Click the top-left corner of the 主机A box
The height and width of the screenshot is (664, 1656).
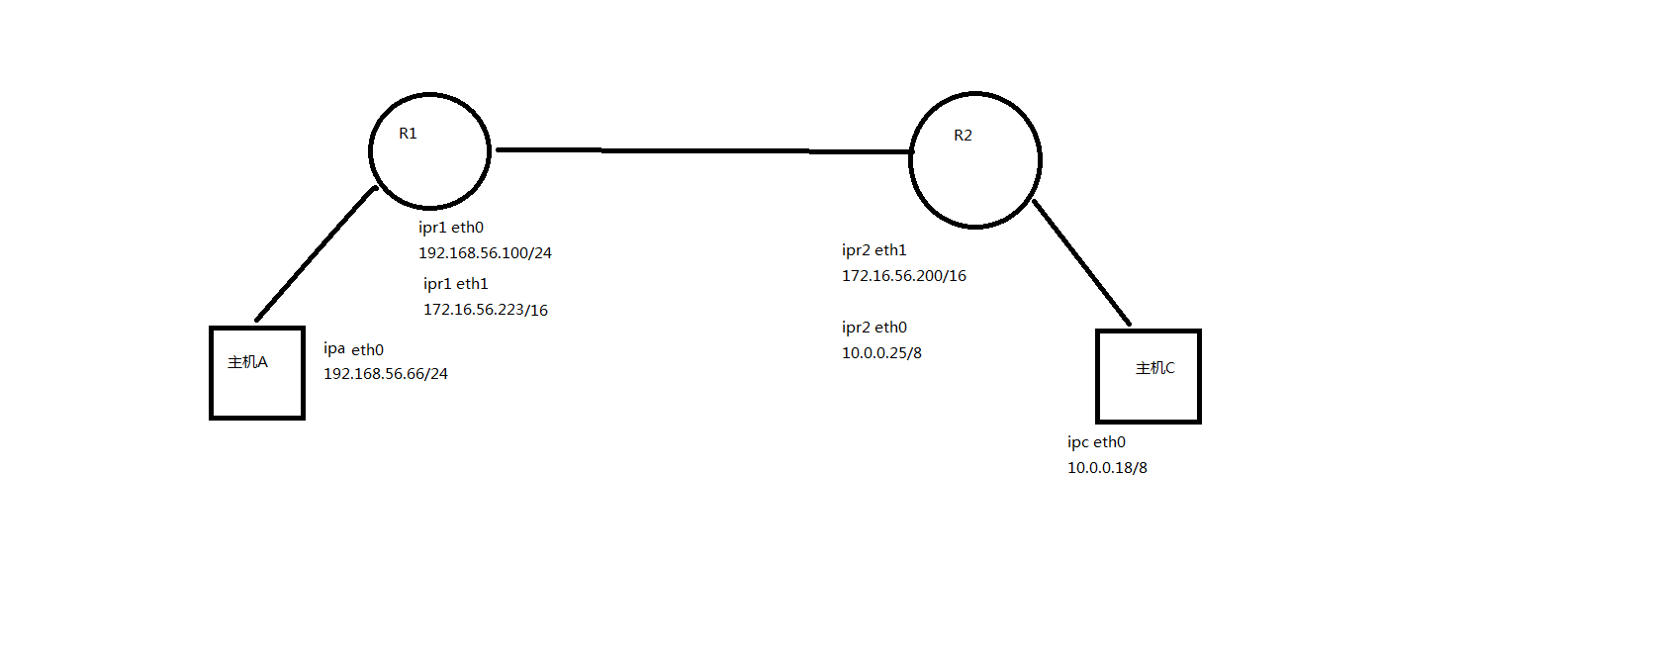211,328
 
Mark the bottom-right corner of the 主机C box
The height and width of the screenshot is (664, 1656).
1200,423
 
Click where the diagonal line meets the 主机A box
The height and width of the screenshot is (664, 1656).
256,321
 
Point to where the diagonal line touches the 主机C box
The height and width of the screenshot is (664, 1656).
1129,324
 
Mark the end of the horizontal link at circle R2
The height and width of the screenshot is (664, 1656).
911,151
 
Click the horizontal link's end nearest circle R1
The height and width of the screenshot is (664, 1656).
498,149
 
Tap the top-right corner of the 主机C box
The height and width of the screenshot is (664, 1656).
1200,331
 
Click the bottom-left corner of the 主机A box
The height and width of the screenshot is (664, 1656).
211,419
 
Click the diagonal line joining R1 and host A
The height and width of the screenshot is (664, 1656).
316,254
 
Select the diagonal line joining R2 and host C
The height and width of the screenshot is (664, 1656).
1081,262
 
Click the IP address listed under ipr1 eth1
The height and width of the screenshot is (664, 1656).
485,310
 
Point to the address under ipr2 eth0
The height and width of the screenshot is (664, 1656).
881,353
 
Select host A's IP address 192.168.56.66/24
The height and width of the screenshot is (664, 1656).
385,374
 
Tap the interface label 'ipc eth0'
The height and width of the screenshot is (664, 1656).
1096,442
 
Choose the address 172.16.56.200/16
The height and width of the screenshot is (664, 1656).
903,276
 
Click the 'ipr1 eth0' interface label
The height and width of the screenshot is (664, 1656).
451,228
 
